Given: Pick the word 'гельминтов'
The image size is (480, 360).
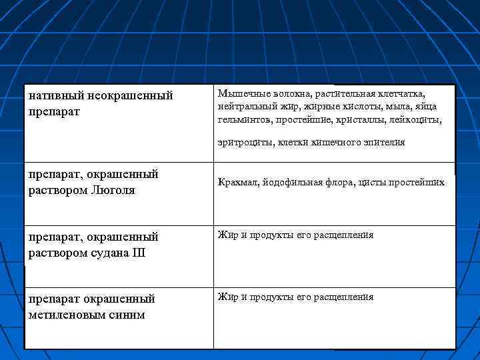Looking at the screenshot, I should pos(239,119).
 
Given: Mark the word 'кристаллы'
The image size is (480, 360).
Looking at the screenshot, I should pos(365,119).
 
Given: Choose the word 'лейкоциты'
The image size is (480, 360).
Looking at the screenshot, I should pos(417,119).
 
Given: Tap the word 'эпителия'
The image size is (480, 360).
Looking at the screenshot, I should pos(383,142).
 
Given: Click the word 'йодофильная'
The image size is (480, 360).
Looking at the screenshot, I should pos(292,182).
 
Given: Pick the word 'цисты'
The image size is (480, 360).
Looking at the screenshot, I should pos(370,182).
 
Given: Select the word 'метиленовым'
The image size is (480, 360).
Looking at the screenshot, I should pos(71,314).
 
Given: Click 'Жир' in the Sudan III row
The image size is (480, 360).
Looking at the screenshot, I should pos(225,235).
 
